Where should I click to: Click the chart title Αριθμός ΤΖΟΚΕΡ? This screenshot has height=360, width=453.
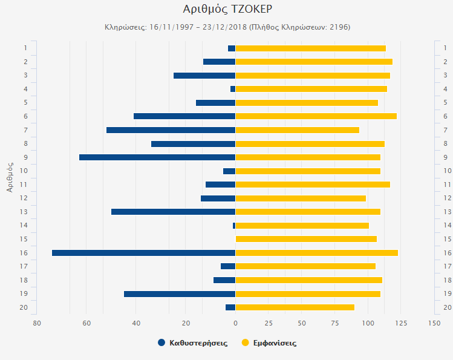coord(226,9)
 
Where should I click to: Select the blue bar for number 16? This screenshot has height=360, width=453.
coord(143,253)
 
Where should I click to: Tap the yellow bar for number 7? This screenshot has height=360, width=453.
coord(297,130)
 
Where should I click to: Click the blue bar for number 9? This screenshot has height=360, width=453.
coord(157,157)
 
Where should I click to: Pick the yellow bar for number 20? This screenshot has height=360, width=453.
coord(295,307)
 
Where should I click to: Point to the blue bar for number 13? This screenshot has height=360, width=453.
coord(173,212)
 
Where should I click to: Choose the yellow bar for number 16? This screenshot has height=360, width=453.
coord(316,253)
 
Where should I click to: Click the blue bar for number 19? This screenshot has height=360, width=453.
coord(180,294)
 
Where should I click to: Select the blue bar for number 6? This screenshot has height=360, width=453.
coord(184,116)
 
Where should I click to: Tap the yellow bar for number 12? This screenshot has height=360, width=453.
coord(301,198)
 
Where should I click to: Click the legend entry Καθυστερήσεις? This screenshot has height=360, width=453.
coord(193,343)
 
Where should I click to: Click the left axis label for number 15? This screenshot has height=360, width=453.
coord(25,239)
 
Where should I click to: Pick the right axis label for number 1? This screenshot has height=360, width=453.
coord(448,48)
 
